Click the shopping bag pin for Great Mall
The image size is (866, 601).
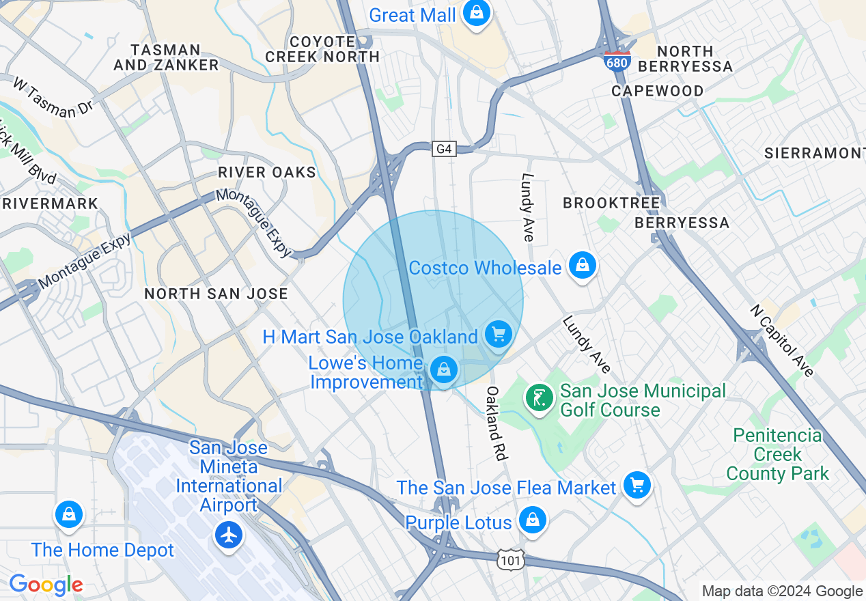pos(476,14)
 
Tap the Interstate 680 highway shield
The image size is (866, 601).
pos(617,61)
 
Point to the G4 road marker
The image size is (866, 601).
pos(444,149)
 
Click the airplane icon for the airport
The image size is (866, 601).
pos(229,535)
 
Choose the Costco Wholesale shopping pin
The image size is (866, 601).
pos(582,266)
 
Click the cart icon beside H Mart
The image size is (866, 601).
pos(498,334)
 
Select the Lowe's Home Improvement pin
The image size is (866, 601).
pos(444,371)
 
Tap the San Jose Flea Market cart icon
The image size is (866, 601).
pos(637,486)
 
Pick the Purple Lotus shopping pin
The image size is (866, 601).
pos(532,520)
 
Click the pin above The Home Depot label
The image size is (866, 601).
pos(69,515)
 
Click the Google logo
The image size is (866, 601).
pos(46,585)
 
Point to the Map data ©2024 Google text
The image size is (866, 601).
pos(782,591)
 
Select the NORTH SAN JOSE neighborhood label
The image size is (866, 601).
pos(216,294)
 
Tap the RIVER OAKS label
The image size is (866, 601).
pos(267,172)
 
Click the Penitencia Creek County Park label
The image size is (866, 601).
pos(777,454)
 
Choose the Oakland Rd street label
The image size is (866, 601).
pos(494,423)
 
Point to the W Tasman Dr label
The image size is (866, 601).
pos(52,98)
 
